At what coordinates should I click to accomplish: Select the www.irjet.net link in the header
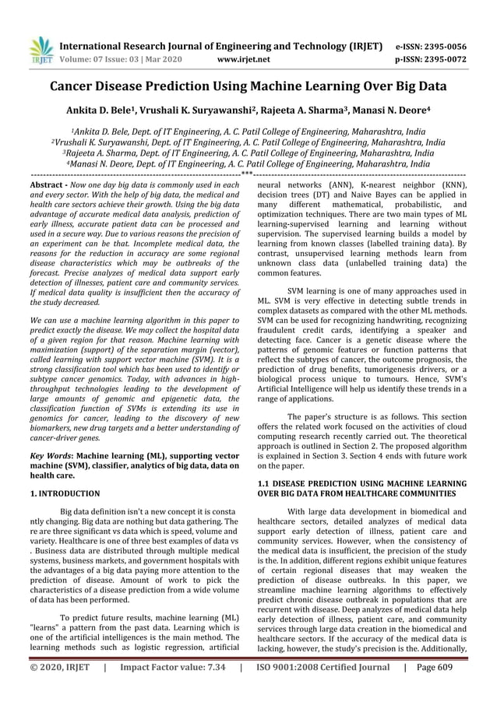[x=245, y=58]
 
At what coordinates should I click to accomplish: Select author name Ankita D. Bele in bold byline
[x=108, y=111]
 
